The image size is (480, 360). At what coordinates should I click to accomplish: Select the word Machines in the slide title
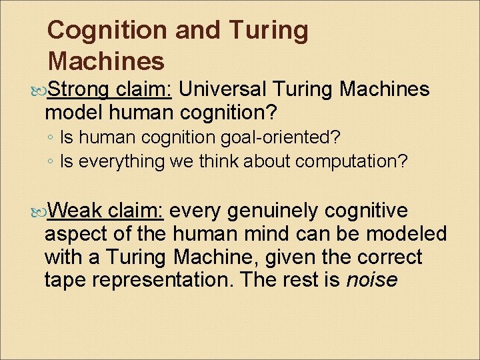click(x=106, y=61)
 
